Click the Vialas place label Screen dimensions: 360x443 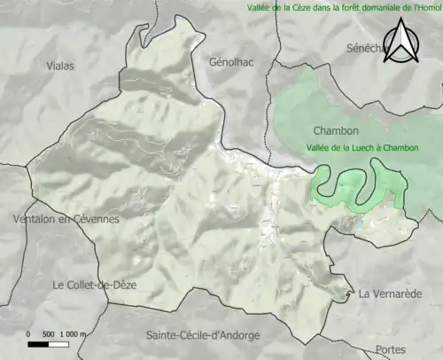click(60, 66)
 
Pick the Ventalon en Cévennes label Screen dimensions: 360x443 click(66, 218)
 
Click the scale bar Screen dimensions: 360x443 click(53, 342)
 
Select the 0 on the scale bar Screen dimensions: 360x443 click(29, 333)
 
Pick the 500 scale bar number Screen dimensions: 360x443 click(50, 333)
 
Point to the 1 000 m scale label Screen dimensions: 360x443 click(73, 333)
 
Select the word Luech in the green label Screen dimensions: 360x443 click(365, 147)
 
